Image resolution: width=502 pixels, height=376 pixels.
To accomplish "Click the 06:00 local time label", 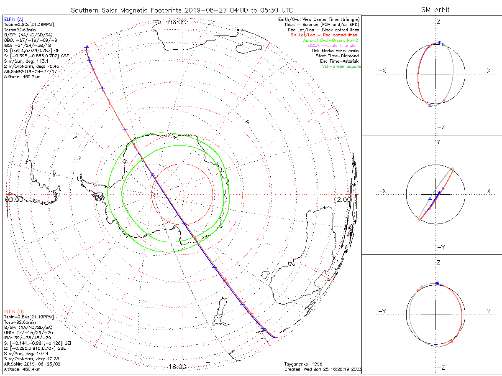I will (177, 22).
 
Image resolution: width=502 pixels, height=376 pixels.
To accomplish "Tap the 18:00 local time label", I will (177, 367).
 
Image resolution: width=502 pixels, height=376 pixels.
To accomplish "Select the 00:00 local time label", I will (14, 199).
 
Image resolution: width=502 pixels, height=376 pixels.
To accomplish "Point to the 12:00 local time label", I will (343, 199).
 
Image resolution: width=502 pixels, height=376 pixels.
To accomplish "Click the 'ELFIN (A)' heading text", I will (13, 19).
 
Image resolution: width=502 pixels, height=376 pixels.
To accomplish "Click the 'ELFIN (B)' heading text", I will (13, 312).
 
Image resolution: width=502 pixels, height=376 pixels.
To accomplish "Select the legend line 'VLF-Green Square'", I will (341, 66).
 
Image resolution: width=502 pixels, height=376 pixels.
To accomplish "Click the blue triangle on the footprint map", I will (153, 176).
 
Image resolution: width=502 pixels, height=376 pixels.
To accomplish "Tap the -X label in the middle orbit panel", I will (382, 191).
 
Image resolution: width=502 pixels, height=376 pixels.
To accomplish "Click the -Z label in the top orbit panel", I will (440, 127).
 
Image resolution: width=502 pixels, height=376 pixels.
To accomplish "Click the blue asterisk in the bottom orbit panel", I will (437, 284).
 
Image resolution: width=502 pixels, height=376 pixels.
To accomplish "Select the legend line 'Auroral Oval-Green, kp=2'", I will (330, 40).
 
